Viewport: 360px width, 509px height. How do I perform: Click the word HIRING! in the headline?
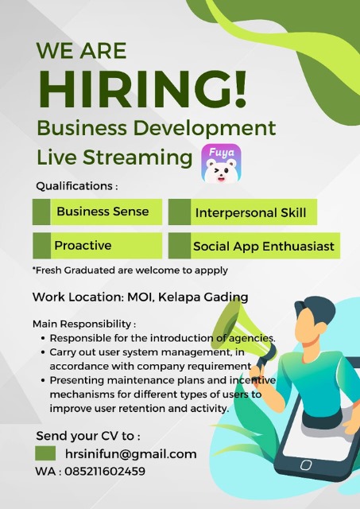(142, 89)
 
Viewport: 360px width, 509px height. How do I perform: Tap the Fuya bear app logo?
(221, 163)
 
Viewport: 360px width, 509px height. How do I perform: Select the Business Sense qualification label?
(103, 212)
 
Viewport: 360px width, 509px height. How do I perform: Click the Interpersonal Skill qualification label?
(250, 213)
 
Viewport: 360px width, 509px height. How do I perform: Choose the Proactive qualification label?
(83, 246)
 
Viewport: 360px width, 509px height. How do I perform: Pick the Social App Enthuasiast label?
(264, 247)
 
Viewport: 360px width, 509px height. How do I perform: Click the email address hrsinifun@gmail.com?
(130, 454)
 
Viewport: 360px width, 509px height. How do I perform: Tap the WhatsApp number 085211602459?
(105, 471)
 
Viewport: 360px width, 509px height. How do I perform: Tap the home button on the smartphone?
(305, 464)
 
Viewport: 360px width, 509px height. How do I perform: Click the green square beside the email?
(45, 453)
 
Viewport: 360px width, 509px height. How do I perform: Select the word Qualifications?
(74, 186)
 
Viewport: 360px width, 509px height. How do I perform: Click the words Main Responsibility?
(82, 324)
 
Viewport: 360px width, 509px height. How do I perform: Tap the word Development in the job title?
(205, 129)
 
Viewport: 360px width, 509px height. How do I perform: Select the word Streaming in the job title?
(137, 158)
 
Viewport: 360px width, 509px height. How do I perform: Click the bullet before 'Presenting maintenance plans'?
(43, 380)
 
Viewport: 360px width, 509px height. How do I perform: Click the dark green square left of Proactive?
(41, 246)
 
